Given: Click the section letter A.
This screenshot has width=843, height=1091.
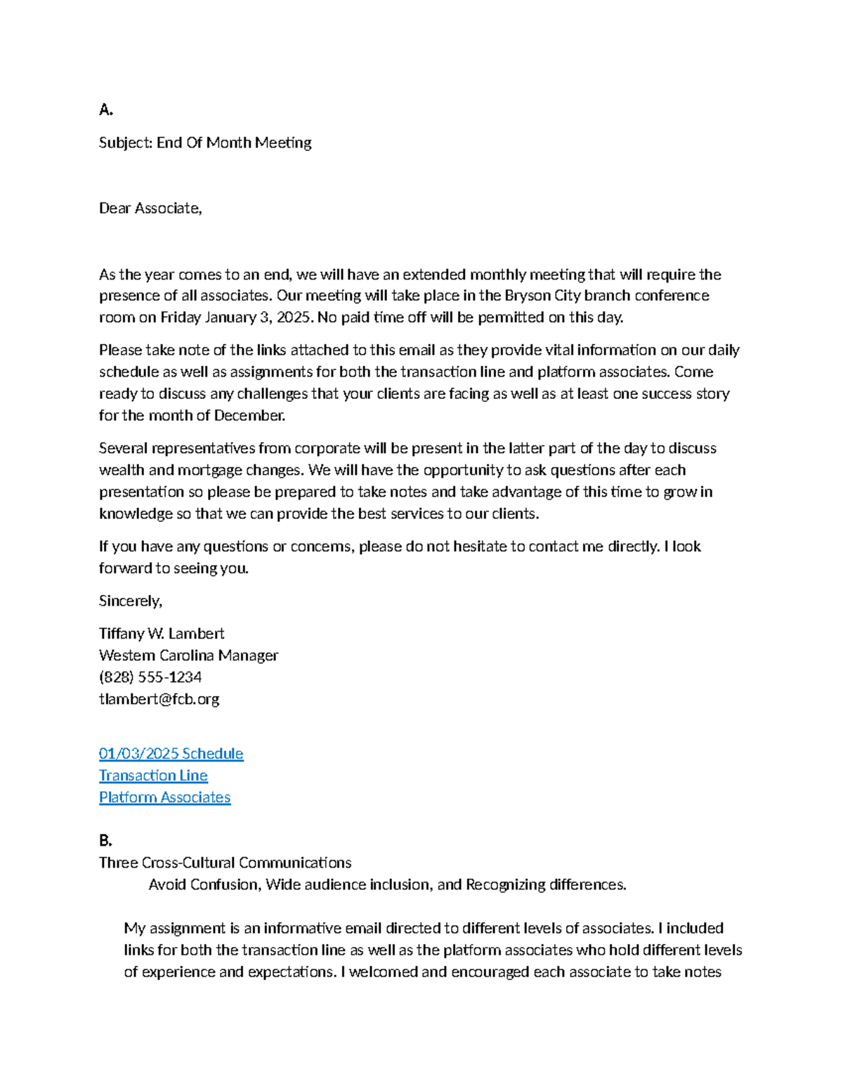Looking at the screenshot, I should coord(105,110).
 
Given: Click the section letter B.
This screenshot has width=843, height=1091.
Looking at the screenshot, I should coord(105,840).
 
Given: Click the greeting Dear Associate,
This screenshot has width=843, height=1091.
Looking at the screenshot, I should coord(150,208).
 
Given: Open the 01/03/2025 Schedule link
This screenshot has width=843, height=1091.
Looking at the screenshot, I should coord(171,754).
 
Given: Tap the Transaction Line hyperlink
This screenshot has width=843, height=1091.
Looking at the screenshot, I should coord(153,776).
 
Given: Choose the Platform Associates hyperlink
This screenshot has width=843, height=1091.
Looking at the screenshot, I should coord(164,797).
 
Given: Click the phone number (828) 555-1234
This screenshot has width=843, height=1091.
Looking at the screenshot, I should coord(150,677).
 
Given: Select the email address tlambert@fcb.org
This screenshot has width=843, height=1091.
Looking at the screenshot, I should coord(159,699).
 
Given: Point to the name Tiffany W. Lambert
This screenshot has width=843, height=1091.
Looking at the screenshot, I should coord(162,634).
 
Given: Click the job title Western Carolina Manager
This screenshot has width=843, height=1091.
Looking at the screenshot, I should coord(188,655).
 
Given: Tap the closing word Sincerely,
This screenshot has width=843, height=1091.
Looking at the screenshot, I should coord(131,601).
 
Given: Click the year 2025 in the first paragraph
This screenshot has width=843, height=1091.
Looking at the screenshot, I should coord(293,318).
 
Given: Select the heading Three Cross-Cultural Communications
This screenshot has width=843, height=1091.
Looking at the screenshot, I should coord(225,863).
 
